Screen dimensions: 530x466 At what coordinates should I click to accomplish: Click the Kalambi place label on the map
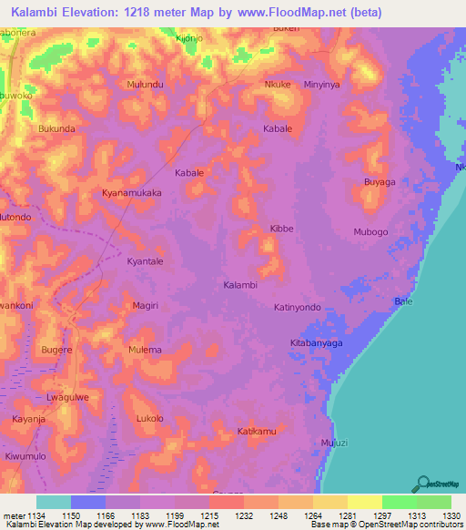tap(240, 285)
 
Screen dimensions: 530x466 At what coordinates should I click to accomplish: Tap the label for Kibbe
tap(281, 229)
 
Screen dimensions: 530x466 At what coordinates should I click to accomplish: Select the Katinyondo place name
tap(298, 308)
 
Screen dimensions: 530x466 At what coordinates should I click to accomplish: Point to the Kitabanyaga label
tap(316, 342)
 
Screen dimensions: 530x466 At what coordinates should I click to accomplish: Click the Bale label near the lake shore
tap(402, 301)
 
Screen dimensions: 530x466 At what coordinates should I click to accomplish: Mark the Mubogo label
tap(370, 232)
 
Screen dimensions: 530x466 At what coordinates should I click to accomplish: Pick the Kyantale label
tap(145, 261)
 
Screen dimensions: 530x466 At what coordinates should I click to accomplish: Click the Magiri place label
tap(146, 306)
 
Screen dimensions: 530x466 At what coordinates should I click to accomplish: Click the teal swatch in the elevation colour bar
tap(54, 502)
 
